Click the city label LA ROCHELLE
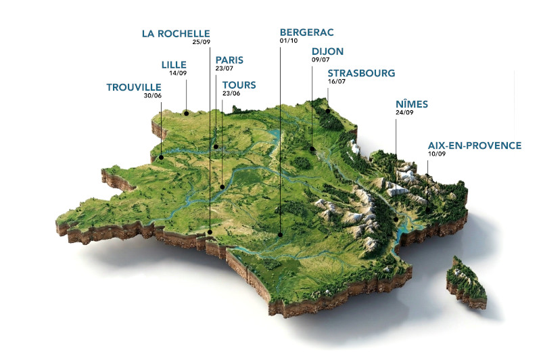176,33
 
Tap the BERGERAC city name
306,32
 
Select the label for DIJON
327,51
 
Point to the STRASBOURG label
361,72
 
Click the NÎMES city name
412,104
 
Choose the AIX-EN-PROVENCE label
475,145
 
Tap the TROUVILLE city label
134,87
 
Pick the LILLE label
174,64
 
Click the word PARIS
229,60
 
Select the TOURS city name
239,85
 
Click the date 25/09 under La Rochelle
201,42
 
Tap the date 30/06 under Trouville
153,95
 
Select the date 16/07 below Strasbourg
336,81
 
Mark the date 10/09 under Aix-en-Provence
437,154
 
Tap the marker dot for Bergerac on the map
279,235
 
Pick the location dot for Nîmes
396,219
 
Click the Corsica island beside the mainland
467,279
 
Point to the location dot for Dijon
312,149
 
